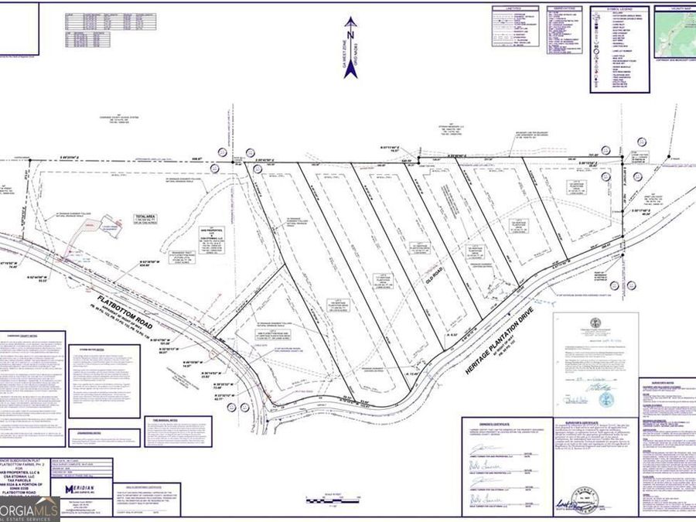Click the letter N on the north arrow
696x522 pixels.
point(350,35)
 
